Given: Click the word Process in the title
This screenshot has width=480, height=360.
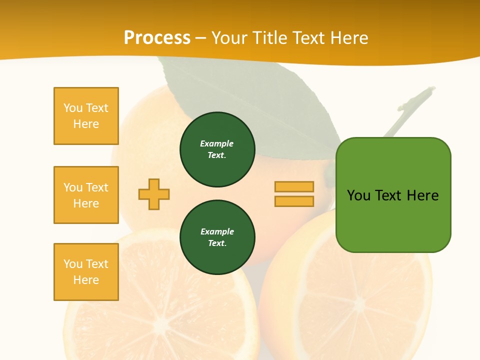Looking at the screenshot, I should point(157,37).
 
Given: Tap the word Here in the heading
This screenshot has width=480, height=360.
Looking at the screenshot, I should point(347,37).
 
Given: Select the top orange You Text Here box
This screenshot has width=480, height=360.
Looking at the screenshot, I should point(86,116).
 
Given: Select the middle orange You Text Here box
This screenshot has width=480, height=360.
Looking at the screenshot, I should point(86,195).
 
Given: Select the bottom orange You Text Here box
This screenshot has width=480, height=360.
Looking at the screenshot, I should point(86,272).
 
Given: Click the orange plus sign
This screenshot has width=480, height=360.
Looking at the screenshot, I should point(154,194).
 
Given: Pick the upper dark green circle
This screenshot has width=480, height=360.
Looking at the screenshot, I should point(217,149).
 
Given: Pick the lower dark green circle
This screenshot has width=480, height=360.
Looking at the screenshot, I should point(217,237).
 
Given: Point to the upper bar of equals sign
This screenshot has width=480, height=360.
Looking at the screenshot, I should point(294,186).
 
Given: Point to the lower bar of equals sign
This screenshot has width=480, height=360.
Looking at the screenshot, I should point(294,201).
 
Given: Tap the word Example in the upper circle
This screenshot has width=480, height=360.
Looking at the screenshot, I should point(217,143).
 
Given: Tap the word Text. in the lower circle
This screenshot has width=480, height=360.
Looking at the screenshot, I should point(217,243).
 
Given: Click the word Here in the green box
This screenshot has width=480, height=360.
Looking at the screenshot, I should point(422,195).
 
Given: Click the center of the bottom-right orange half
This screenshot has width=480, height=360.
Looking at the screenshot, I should point(359,305).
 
